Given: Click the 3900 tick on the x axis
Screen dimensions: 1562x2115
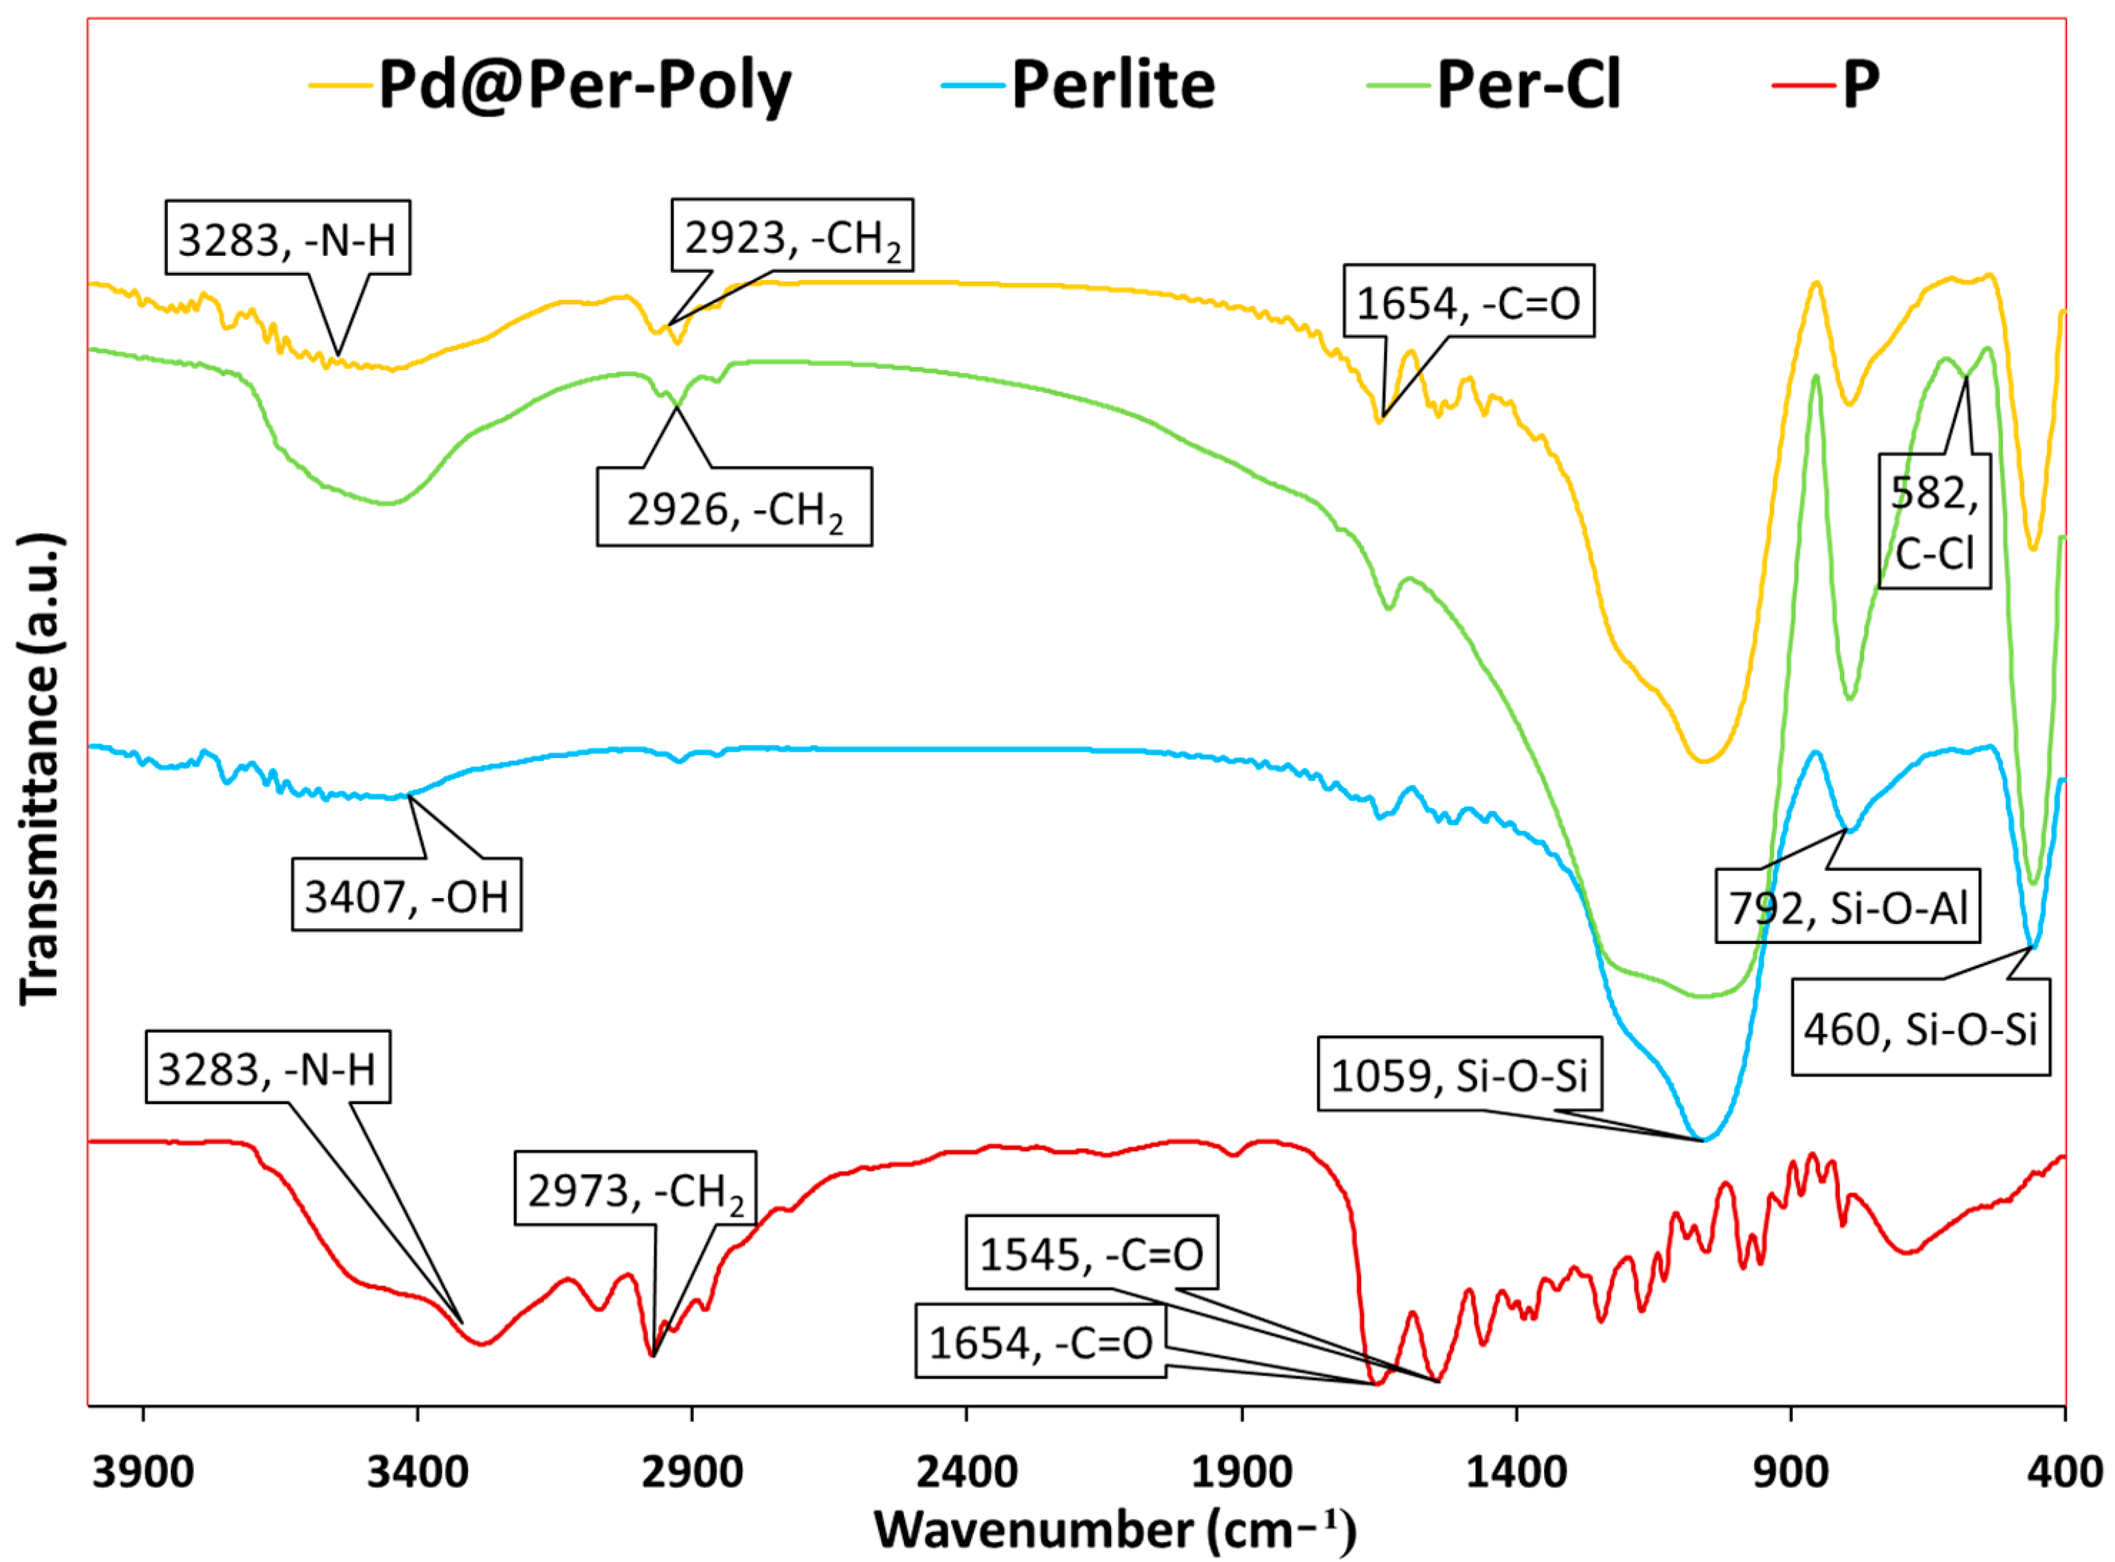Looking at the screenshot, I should click(x=143, y=1472).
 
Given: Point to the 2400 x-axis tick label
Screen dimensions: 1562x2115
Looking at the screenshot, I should click(x=966, y=1472).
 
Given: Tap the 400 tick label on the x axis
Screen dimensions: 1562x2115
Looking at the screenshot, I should click(x=2065, y=1472).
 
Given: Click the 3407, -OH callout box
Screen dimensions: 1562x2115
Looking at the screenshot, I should click(x=407, y=895).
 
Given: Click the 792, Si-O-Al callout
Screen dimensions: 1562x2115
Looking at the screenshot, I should click(x=1848, y=907).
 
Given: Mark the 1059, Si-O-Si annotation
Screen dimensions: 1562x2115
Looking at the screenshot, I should click(x=1459, y=1075).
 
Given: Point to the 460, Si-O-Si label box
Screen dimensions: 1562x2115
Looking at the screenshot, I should click(x=1919, y=1029).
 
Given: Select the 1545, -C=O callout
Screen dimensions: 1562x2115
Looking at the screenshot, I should click(x=1091, y=1255).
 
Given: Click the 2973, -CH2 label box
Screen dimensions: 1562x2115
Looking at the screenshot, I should click(x=634, y=1190).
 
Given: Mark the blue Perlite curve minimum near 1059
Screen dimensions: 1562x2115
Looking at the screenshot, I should click(x=1703, y=1140).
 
